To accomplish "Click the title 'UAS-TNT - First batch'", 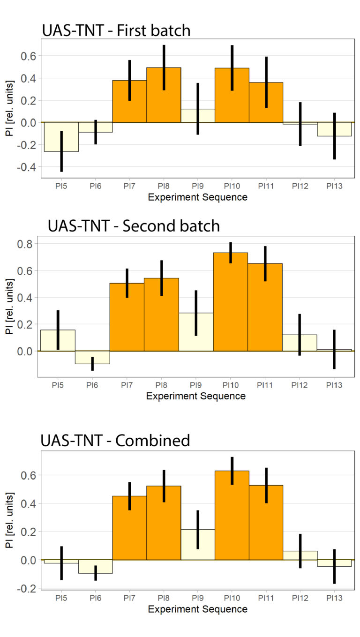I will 116,31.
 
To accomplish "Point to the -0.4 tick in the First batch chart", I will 30,167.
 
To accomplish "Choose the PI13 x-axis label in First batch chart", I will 334,186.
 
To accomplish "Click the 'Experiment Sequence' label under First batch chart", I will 197,197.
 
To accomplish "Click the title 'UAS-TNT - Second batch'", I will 134,225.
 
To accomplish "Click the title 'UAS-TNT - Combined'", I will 115,441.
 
